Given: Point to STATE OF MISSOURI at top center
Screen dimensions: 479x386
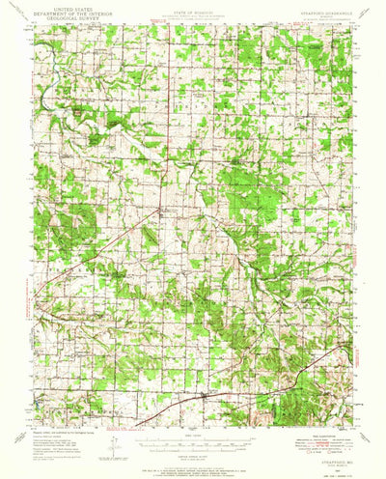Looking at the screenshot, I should (x=193, y=7).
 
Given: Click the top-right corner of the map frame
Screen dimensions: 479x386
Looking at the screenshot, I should (x=351, y=24).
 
